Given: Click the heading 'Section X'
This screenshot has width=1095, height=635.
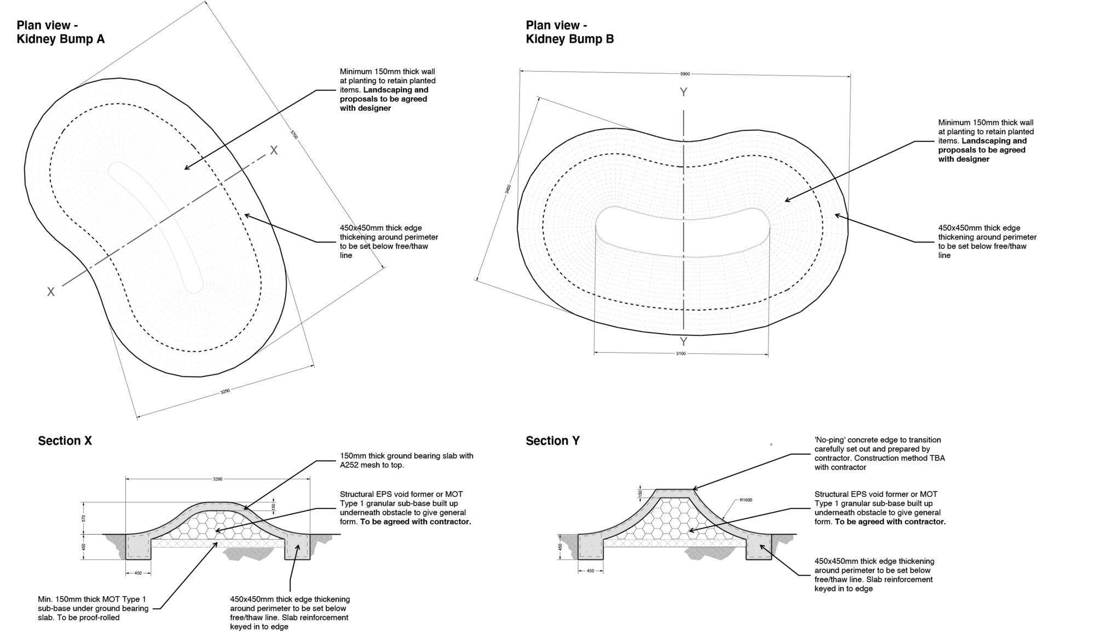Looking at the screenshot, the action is click(x=65, y=441).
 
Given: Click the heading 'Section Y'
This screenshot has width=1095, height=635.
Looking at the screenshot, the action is click(x=552, y=441).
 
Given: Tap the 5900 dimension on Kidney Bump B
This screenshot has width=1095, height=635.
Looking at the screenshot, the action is click(x=685, y=73).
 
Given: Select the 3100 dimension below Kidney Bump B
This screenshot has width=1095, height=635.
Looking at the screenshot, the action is click(x=681, y=354).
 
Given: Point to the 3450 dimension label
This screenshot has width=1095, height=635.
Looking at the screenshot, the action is click(x=508, y=190).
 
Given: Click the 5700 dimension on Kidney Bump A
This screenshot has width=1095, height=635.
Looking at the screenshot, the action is click(x=294, y=134).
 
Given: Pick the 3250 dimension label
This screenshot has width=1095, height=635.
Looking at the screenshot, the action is click(x=225, y=391).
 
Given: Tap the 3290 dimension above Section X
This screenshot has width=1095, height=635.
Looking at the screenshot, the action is click(x=217, y=479).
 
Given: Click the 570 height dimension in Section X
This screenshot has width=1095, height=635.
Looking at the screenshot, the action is click(x=84, y=518).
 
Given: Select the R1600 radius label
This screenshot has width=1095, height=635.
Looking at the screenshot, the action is click(x=746, y=500).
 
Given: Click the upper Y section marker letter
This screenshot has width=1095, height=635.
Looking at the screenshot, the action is click(x=683, y=93).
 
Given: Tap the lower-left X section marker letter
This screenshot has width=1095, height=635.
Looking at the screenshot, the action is click(x=51, y=292).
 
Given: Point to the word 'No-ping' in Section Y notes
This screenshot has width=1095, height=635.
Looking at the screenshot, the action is click(x=831, y=440).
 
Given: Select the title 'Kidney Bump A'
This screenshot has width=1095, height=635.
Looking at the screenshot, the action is click(x=60, y=39).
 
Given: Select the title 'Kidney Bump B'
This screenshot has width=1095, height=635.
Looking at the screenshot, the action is click(x=570, y=39).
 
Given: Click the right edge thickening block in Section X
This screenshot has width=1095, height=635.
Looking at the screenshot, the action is click(x=297, y=547).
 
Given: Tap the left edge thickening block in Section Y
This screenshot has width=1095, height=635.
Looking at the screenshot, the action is click(x=590, y=547).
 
